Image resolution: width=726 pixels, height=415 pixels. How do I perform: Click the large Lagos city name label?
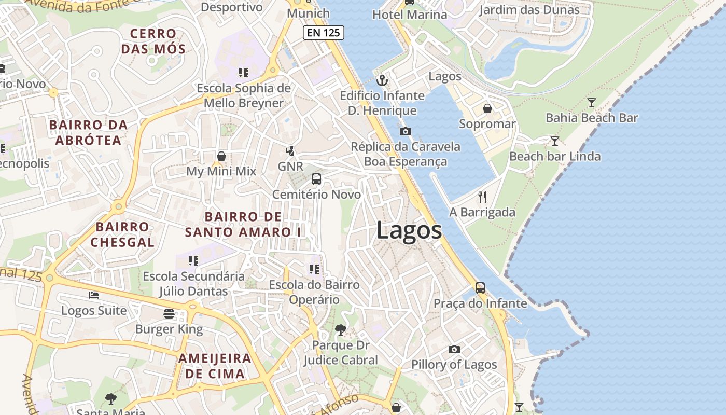(409, 230)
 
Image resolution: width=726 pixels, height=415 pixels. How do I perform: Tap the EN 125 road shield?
(324, 33)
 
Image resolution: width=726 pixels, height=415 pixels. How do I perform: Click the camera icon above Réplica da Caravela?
(406, 131)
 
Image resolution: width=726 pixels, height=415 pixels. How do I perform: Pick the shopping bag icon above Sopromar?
(487, 108)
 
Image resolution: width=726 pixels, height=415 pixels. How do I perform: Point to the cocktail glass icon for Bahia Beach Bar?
(591, 102)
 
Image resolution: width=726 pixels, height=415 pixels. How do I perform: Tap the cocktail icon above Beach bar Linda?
(554, 141)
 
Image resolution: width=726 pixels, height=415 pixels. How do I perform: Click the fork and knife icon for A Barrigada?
(482, 197)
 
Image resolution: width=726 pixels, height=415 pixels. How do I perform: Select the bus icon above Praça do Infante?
(480, 287)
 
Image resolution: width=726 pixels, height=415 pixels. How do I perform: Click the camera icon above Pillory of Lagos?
(454, 349)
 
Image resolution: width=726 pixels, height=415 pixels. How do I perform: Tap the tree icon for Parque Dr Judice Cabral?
(341, 329)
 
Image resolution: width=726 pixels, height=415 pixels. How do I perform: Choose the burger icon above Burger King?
(169, 313)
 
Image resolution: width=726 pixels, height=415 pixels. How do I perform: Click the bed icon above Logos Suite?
(93, 295)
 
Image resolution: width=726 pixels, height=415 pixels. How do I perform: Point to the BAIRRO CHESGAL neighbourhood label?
(122, 234)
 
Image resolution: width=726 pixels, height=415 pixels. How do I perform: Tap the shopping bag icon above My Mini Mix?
(221, 156)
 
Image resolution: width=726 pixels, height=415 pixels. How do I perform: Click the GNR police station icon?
(290, 151)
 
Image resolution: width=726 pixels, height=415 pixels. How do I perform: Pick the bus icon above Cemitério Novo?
(316, 179)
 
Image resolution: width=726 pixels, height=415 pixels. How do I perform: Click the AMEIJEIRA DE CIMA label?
(215, 366)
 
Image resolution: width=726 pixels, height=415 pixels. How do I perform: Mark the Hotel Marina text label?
(410, 15)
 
